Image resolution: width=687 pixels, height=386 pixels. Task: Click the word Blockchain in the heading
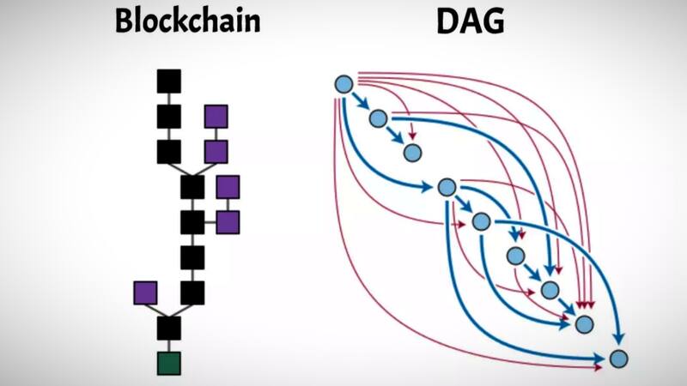[x=187, y=21]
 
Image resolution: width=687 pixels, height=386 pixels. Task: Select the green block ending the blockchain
[x=169, y=362]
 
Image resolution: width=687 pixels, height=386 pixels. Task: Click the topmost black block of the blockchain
[x=168, y=81]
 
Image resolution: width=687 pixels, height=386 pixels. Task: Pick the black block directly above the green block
[x=169, y=327]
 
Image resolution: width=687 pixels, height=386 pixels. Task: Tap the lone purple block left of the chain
[x=146, y=293]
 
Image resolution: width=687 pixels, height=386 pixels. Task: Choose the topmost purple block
[x=216, y=117]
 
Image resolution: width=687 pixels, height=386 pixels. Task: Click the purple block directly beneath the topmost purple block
[x=216, y=152]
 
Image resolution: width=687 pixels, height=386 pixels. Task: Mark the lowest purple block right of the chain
[x=228, y=222]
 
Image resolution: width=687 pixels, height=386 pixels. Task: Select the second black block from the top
[x=168, y=117]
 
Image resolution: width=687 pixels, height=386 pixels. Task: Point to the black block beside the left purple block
[x=192, y=293]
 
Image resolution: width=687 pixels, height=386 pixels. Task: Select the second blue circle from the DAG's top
[x=378, y=118]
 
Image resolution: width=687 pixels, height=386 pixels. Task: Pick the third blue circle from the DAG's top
[x=412, y=153]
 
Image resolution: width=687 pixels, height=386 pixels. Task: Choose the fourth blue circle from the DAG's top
[x=446, y=187]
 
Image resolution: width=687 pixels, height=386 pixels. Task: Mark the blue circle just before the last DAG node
[x=585, y=324]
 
